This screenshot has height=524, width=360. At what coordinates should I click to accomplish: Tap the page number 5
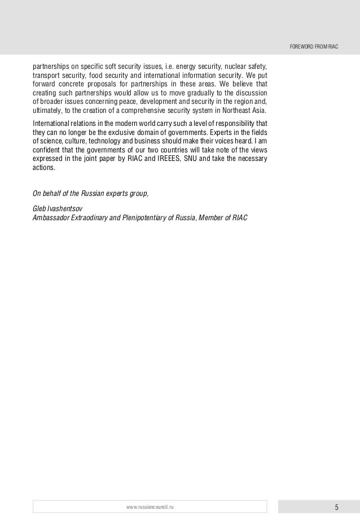point(336,506)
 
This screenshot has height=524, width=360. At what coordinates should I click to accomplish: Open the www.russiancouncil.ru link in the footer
point(150,506)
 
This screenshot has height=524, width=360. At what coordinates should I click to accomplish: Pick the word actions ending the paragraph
point(44,168)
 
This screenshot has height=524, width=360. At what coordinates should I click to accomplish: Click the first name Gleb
point(40,208)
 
